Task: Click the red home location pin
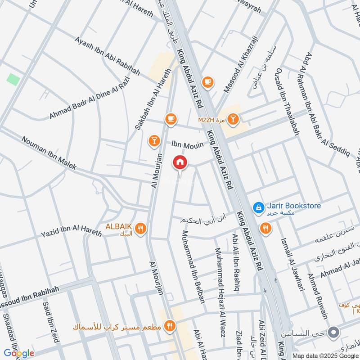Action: pos(180,162)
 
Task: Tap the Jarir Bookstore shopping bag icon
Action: pos(259,207)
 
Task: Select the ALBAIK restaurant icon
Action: pos(141,229)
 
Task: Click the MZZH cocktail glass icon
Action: pos(233,119)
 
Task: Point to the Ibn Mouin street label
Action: pos(188,145)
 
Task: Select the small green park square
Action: pos(13,78)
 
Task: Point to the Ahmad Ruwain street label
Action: pos(317,295)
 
